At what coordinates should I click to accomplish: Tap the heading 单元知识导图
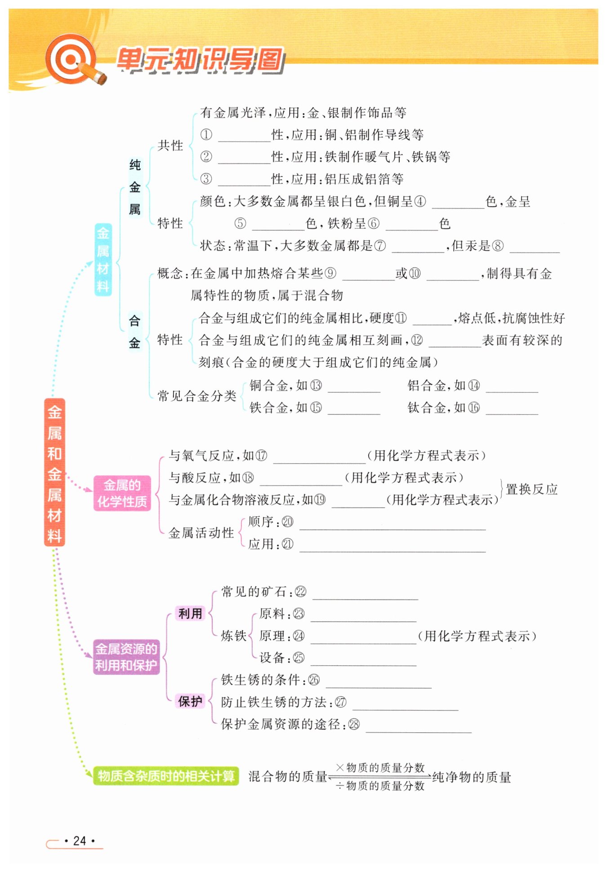(201, 60)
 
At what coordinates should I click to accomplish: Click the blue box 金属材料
(103, 259)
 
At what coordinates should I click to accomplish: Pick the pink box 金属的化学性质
(122, 493)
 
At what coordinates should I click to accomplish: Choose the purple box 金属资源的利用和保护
(126, 657)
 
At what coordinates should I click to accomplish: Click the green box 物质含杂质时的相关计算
(166, 776)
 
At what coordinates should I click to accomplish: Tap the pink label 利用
(190, 613)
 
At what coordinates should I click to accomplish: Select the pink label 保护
(190, 701)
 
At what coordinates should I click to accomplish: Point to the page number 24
(80, 841)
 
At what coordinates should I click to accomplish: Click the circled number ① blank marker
(206, 135)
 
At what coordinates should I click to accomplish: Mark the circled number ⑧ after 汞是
(498, 246)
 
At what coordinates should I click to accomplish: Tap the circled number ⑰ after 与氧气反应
(261, 456)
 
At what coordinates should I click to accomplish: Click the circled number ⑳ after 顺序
(287, 522)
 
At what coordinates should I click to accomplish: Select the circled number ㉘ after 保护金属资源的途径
(354, 724)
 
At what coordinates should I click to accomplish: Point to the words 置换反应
(531, 489)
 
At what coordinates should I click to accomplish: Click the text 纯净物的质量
(472, 777)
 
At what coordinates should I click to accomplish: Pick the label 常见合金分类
(196, 396)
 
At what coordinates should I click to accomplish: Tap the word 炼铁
(234, 636)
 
